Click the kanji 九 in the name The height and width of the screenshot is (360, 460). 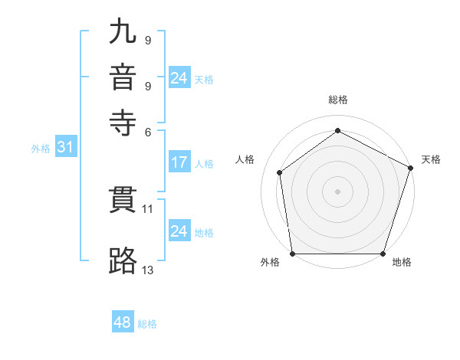(x=124, y=32)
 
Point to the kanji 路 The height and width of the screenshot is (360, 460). (x=124, y=260)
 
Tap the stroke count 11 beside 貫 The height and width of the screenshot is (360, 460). (x=148, y=208)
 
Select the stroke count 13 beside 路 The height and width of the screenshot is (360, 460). (x=148, y=269)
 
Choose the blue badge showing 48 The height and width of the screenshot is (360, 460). (x=123, y=322)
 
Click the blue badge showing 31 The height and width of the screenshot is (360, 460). (x=65, y=148)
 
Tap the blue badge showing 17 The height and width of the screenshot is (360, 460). (x=179, y=162)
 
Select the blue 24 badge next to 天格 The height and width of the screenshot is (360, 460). (x=179, y=78)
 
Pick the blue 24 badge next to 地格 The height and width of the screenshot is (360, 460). (x=179, y=231)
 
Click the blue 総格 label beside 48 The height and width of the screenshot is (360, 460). (x=147, y=324)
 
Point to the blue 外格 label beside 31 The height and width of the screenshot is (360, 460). (x=41, y=149)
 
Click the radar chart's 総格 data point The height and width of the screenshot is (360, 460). (x=337, y=131)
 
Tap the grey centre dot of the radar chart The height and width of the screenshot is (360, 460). (x=337, y=191)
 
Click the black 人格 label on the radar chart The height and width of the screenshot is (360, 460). (x=245, y=159)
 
